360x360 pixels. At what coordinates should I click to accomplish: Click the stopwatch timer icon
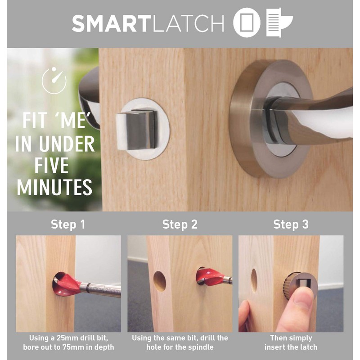54,81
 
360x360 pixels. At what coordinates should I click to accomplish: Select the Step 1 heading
68,224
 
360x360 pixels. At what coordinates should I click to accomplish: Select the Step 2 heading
180,224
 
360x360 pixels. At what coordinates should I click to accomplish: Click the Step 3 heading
291,224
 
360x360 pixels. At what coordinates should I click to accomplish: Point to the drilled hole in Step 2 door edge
160,281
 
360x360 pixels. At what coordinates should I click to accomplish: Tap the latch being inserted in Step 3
297,284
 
